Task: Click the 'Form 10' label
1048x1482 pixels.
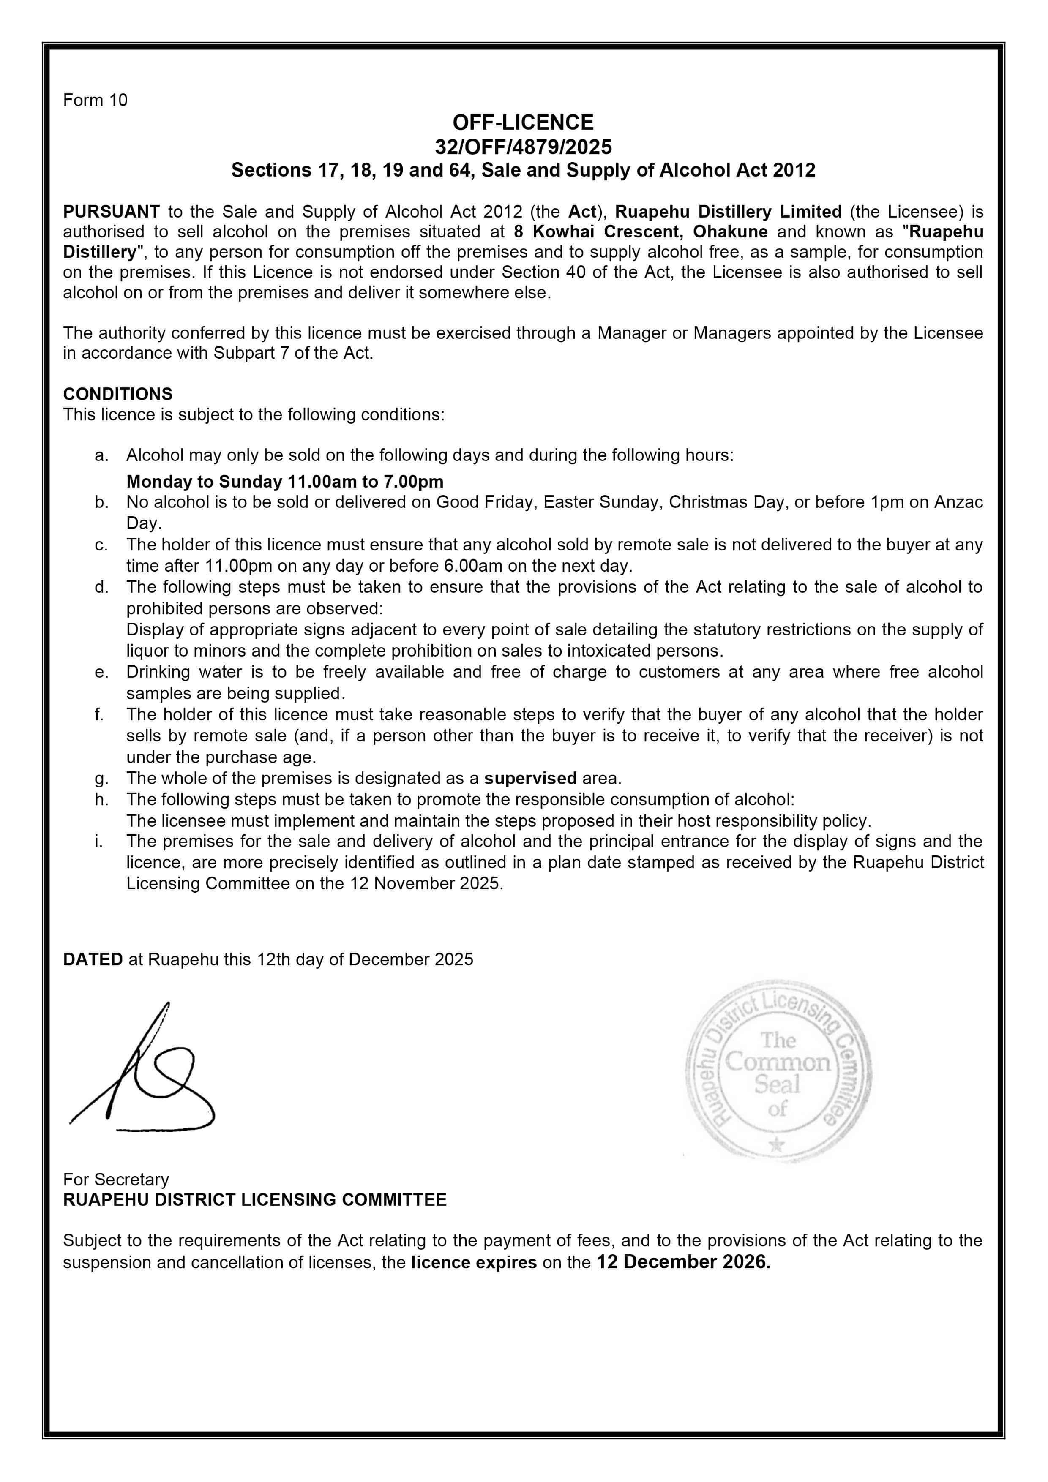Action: coord(95,100)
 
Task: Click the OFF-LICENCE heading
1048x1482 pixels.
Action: coord(523,123)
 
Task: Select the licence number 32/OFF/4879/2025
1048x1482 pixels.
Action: coord(523,147)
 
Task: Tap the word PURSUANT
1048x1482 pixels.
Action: coord(111,212)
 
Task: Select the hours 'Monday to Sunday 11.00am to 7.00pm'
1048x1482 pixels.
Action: coord(285,482)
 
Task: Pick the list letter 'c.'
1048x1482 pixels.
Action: coord(101,545)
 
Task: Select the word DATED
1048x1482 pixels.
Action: coord(93,959)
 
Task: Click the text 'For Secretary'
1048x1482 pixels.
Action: coord(116,1179)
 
